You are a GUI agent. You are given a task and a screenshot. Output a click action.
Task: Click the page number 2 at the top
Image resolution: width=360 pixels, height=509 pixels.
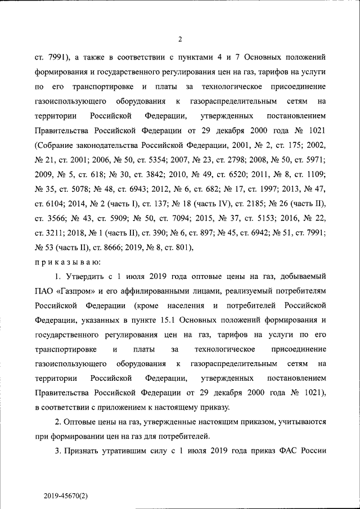tap(180, 39)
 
